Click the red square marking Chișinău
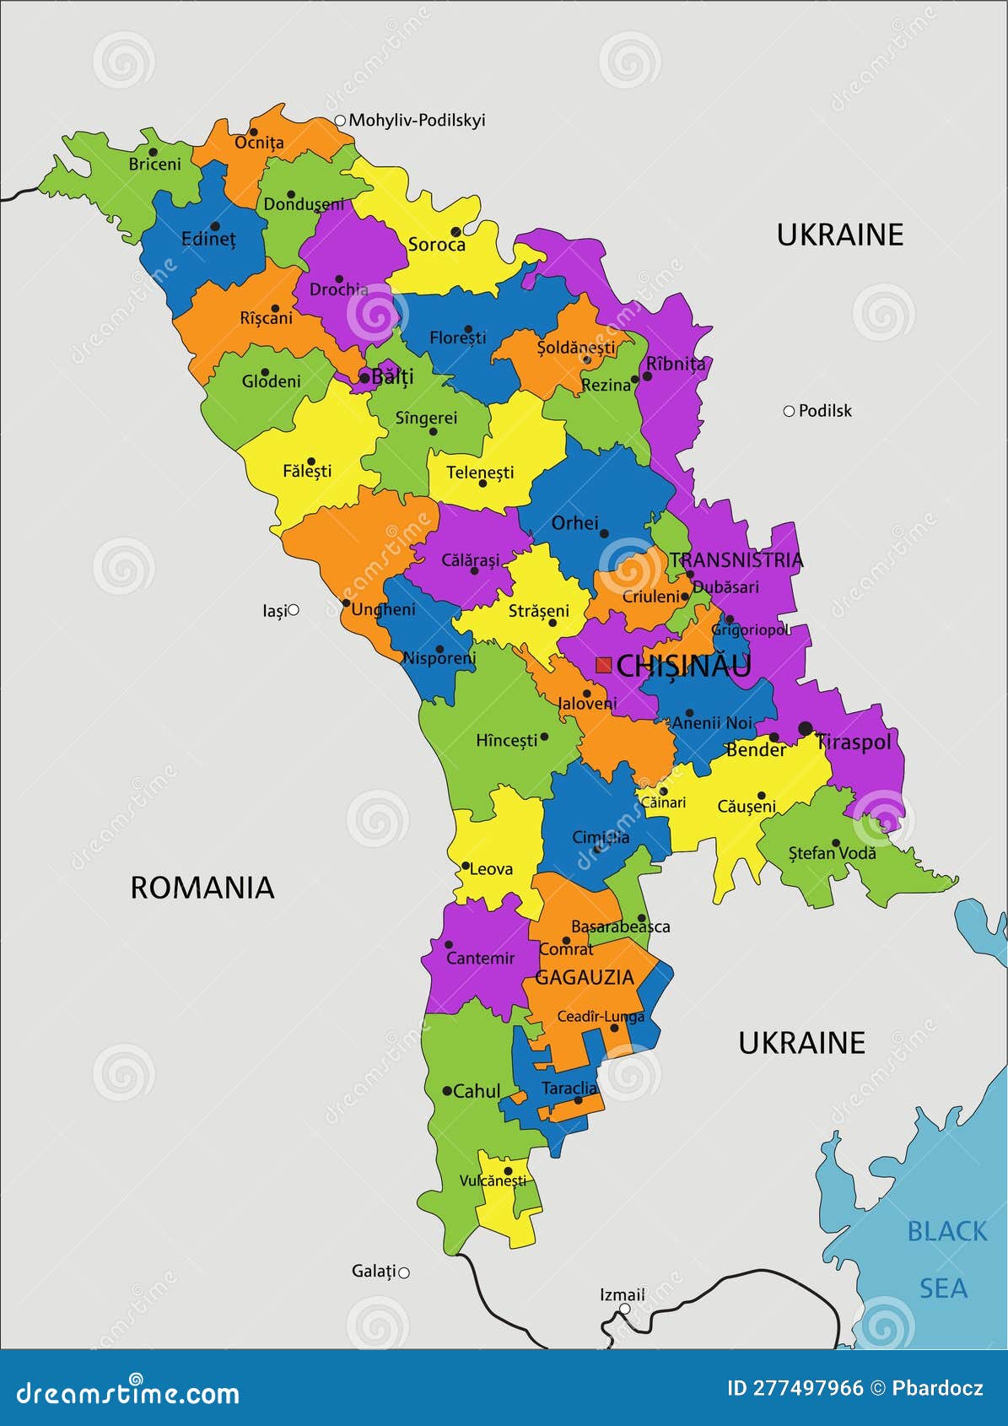(x=603, y=665)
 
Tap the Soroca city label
(x=436, y=245)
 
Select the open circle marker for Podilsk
(x=789, y=411)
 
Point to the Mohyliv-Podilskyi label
(x=417, y=120)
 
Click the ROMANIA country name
(x=202, y=888)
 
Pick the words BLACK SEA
(x=945, y=1259)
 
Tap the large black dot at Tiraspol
(x=805, y=728)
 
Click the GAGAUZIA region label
(x=584, y=977)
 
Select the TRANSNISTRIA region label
(x=736, y=559)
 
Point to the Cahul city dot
(x=447, y=1091)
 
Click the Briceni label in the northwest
(x=154, y=165)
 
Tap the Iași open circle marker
(x=294, y=609)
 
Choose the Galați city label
(x=373, y=1271)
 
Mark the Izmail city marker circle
(x=624, y=1309)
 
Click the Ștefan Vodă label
(x=832, y=853)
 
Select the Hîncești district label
(x=506, y=740)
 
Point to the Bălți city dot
(x=364, y=378)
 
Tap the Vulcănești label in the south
(x=493, y=1181)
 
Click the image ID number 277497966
(x=795, y=1388)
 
